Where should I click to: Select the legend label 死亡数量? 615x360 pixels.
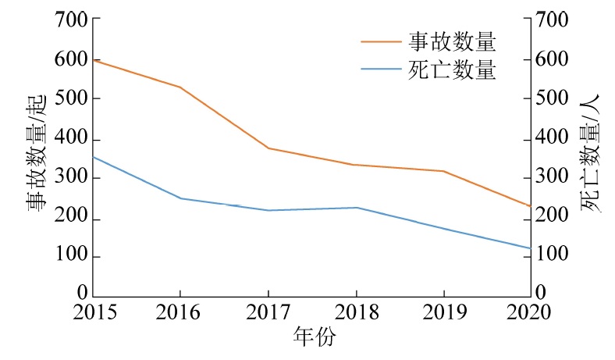tap(453, 70)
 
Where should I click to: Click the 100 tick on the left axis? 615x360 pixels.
tap(71, 257)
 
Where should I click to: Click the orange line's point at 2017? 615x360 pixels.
tap(268, 148)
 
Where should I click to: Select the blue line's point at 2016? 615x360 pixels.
tap(180, 198)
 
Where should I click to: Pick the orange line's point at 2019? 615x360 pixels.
tap(443, 171)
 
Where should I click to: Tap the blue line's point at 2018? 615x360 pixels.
tap(356, 208)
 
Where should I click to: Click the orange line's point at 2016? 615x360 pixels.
tap(180, 87)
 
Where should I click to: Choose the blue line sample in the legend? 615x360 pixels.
tap(380, 70)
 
